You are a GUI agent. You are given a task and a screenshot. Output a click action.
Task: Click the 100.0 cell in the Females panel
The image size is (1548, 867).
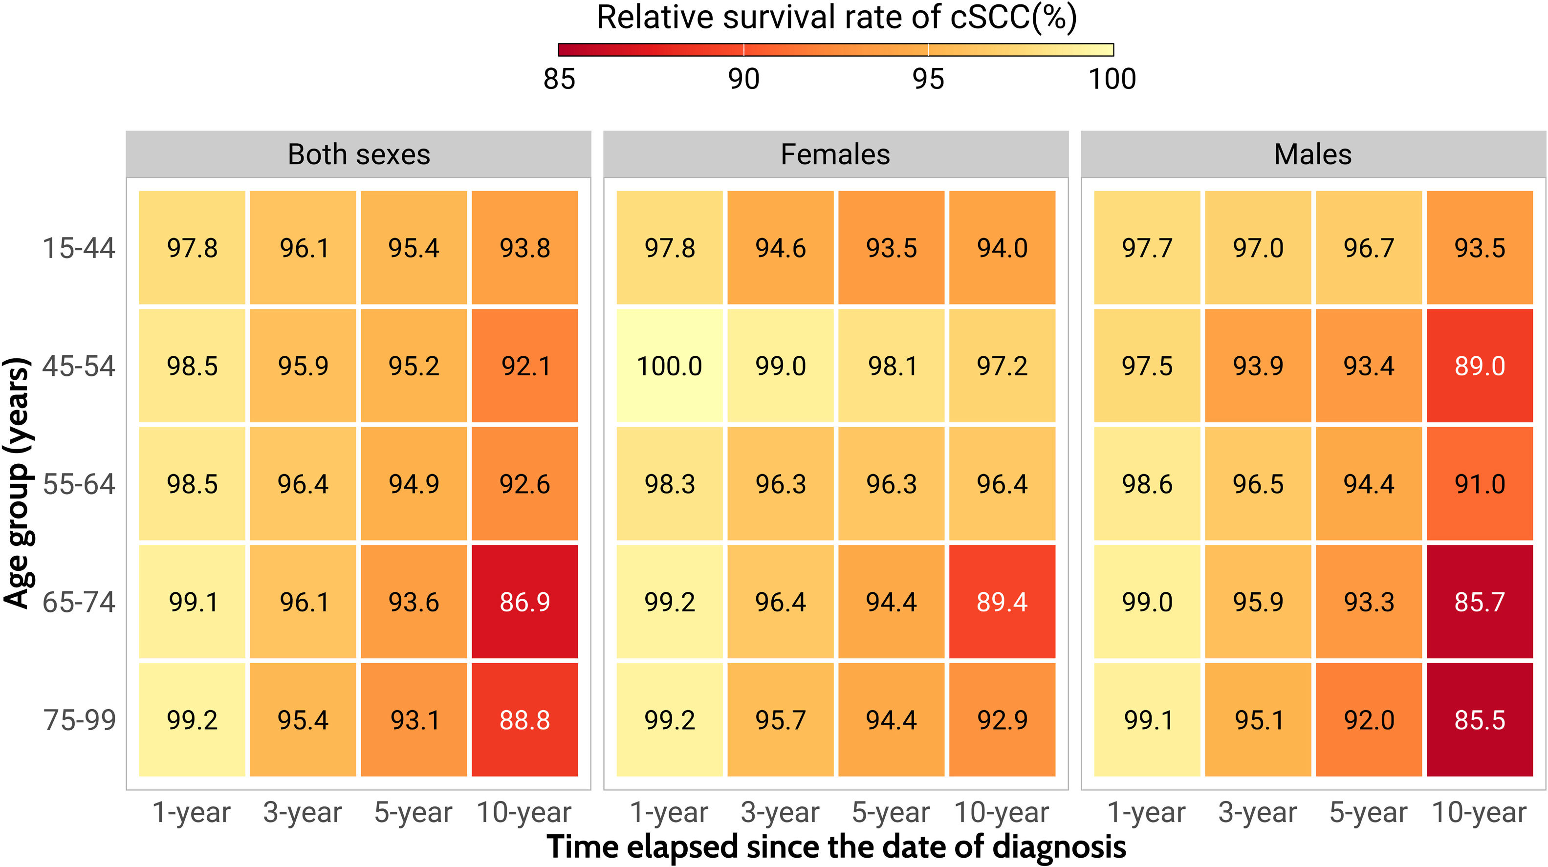670,366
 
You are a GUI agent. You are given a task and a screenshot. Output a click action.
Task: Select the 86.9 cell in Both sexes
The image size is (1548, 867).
524,602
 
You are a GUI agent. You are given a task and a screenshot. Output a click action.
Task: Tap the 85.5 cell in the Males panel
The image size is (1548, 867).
1480,720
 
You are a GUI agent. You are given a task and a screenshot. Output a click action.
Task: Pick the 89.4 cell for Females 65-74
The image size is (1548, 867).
1002,602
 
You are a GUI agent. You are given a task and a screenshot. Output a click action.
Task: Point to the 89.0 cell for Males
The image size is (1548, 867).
1480,366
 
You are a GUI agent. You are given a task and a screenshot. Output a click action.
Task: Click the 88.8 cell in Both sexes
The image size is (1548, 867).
524,720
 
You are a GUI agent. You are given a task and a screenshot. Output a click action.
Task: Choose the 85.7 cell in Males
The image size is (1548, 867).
1480,602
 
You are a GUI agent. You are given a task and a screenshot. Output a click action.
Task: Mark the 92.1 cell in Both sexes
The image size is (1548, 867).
524,366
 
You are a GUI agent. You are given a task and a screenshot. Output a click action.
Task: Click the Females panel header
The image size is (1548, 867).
835,154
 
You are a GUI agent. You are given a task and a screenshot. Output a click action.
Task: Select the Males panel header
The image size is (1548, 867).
1313,154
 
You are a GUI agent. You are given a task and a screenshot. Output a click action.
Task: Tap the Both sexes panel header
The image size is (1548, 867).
359,154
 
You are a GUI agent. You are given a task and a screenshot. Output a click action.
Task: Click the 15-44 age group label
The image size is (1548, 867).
79,248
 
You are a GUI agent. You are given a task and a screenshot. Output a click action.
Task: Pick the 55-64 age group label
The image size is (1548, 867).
79,484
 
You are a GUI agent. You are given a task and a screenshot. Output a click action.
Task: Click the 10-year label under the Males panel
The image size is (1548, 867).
1479,812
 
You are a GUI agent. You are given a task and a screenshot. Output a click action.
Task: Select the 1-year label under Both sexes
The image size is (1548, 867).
192,812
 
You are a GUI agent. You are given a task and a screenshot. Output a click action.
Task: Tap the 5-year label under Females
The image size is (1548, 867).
891,812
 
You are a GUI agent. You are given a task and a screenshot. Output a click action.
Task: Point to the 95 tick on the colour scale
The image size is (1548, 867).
928,79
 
